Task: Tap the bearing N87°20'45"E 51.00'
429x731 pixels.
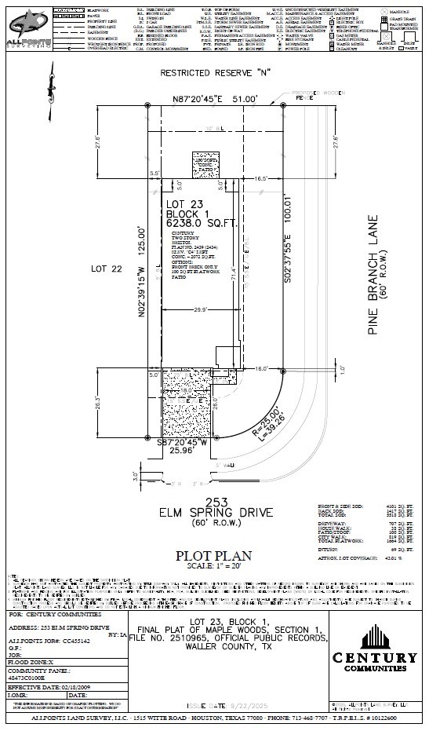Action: pos(214,100)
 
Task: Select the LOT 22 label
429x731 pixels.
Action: pos(107,269)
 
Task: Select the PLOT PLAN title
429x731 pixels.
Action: pos(212,554)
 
